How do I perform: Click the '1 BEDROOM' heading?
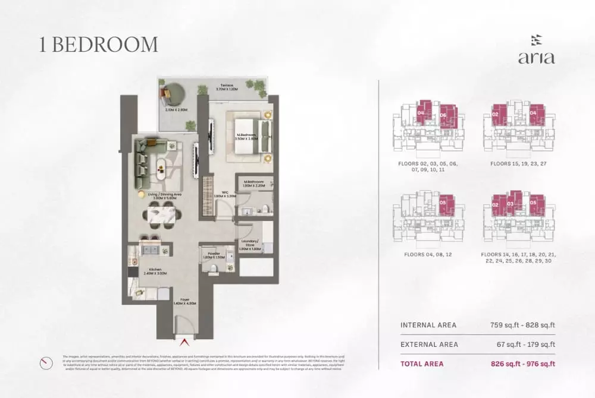[99, 45]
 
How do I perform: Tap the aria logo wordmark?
[536, 58]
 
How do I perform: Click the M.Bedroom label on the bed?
[246, 136]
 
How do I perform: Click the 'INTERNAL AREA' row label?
[428, 325]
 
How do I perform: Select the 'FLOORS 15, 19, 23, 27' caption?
[519, 162]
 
